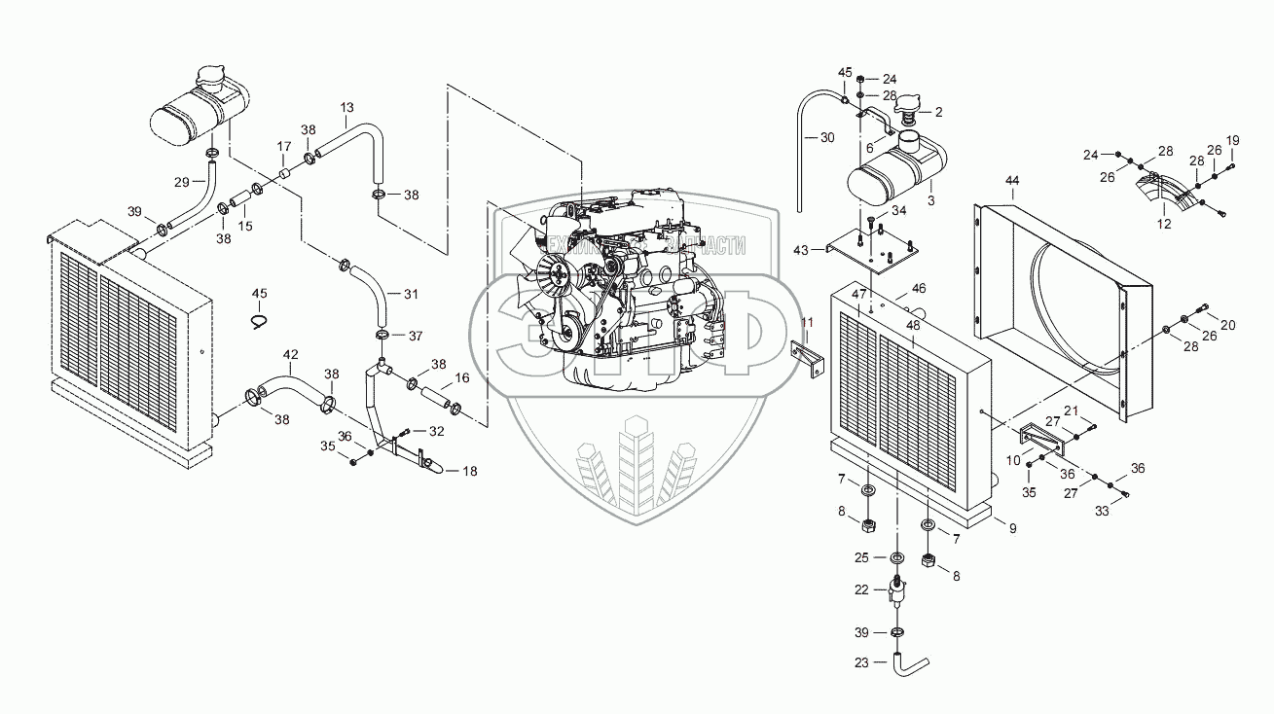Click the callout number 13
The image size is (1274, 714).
pyautogui.click(x=346, y=106)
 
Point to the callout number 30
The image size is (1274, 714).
pyautogui.click(x=827, y=137)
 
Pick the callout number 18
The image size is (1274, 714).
pyautogui.click(x=469, y=471)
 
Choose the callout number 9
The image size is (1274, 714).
pyautogui.click(x=1011, y=528)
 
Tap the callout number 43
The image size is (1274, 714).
pyautogui.click(x=801, y=250)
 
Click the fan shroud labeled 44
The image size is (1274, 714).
pyautogui.click(x=1061, y=292)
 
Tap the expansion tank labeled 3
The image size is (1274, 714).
pyautogui.click(x=893, y=176)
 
